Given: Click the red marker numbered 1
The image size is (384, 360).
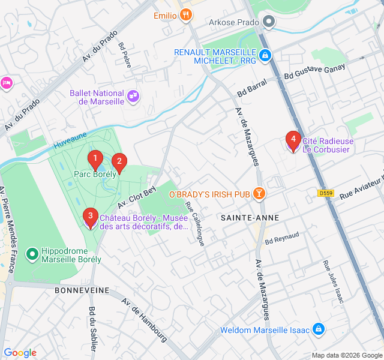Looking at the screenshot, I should pos(94,160).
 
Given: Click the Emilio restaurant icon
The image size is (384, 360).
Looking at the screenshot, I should pos(187,15).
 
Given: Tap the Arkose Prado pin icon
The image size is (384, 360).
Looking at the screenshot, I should pos(269,23).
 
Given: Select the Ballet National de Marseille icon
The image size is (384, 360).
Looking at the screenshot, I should pos(133,95).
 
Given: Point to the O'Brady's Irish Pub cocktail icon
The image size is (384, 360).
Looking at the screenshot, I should pos(259,194).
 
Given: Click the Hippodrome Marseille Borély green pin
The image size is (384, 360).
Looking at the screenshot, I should pos(32,254).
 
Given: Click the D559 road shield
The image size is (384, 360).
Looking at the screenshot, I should pos(326,193).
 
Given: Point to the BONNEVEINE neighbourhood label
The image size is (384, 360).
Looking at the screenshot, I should pos(82,290).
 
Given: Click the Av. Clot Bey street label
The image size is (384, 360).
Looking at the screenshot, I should pos(137,196).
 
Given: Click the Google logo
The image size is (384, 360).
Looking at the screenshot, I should pos(20,353).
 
